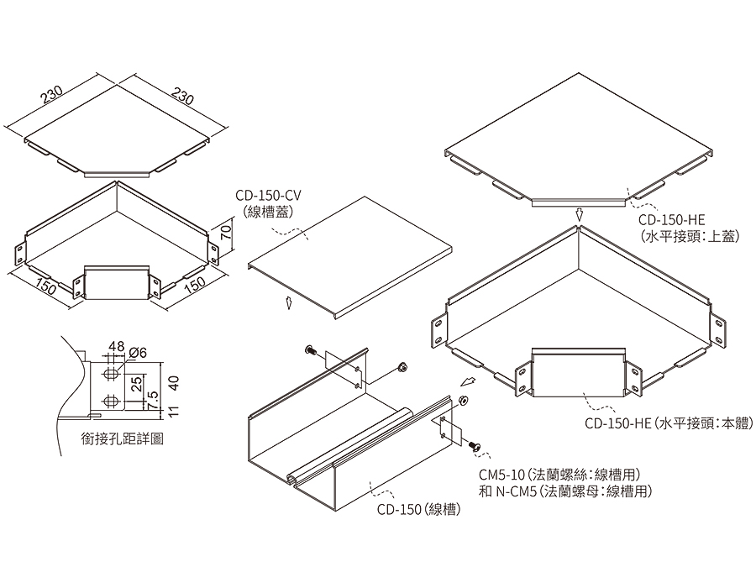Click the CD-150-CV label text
(x=268, y=195)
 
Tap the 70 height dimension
(x=226, y=234)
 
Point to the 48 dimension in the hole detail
(x=116, y=346)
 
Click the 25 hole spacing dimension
(x=137, y=384)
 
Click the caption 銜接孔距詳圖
(x=123, y=438)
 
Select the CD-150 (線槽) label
(x=418, y=509)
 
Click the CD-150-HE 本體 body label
(x=669, y=423)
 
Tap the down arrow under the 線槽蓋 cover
(x=289, y=303)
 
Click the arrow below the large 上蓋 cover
(x=580, y=214)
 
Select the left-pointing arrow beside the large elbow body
(x=467, y=382)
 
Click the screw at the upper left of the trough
(x=310, y=350)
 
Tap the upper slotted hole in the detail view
(x=112, y=375)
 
